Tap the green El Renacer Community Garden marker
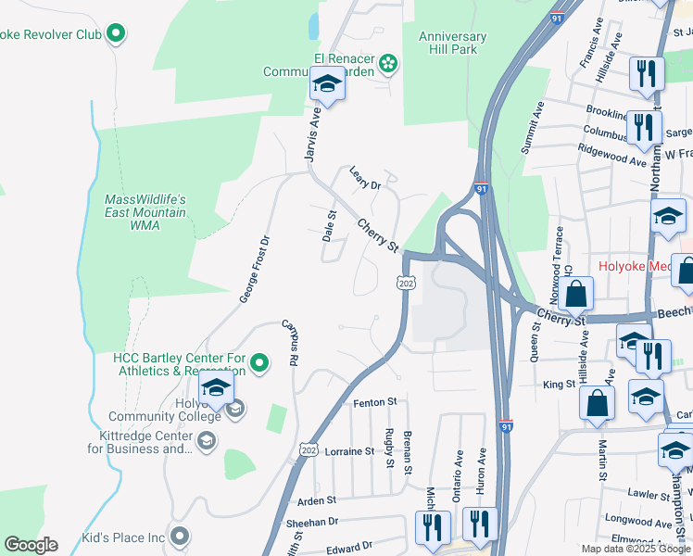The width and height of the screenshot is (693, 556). tap(389, 63)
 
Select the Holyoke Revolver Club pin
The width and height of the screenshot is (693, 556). tap(116, 35)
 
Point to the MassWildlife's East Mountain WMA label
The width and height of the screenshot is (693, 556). tap(145, 212)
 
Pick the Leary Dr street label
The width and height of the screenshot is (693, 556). tap(365, 176)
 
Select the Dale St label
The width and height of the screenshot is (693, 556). tap(329, 226)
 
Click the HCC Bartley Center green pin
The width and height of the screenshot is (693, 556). tap(259, 363)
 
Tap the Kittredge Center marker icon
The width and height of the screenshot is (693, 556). tap(206, 440)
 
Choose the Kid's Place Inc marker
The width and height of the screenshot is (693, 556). tap(180, 537)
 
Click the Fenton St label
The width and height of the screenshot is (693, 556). tap(374, 403)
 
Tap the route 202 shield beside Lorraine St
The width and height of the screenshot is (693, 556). tap(308, 449)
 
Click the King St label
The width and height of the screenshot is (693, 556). tap(559, 384)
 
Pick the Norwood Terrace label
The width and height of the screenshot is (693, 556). tap(559, 253)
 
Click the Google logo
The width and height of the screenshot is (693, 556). tap(31, 545)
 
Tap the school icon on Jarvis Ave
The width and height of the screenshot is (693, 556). tap(326, 85)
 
